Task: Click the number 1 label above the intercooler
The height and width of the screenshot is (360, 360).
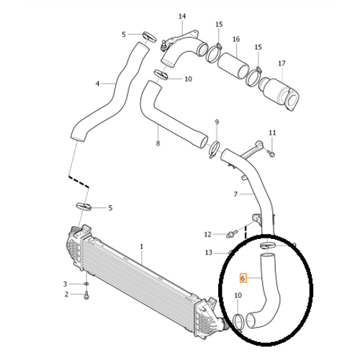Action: (142, 246)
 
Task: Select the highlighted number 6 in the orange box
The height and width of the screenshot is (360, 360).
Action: (243, 279)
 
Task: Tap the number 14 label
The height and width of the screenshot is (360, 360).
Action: (182, 17)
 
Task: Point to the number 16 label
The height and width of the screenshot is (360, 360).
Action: (236, 39)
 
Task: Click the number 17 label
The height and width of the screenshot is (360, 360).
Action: (282, 63)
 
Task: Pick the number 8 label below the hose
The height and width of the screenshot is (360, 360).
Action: (158, 143)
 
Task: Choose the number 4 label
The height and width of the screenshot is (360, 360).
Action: (97, 84)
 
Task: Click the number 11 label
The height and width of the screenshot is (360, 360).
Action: (272, 132)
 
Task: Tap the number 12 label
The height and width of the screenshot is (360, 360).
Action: (207, 234)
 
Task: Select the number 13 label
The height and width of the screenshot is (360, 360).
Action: (209, 253)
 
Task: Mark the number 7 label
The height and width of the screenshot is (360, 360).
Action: (235, 194)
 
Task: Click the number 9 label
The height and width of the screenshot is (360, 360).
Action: (217, 122)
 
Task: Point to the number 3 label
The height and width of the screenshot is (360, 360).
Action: (65, 284)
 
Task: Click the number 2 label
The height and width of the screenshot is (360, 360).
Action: (66, 294)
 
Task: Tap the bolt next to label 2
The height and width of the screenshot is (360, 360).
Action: (86, 295)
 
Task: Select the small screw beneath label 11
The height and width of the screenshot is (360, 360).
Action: (271, 153)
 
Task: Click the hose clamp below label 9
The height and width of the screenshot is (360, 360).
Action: (215, 150)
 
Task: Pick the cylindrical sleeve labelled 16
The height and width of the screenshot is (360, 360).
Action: (233, 66)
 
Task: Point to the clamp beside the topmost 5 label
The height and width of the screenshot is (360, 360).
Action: (150, 37)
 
